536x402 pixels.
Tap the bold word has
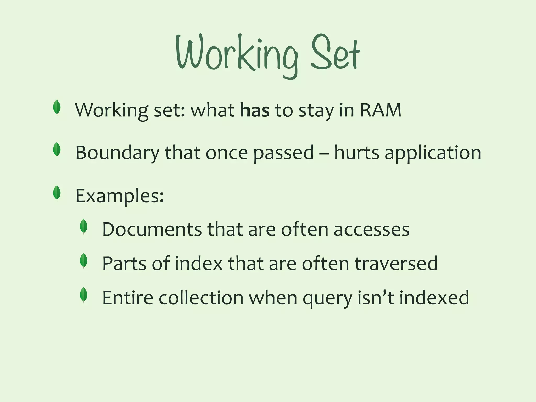(x=255, y=110)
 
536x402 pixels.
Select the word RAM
(x=381, y=110)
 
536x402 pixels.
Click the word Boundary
(x=117, y=153)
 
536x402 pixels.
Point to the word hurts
(x=356, y=153)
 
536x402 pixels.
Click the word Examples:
(x=120, y=196)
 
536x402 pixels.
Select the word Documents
(x=152, y=230)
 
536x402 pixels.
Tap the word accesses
(x=371, y=230)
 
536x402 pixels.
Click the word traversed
(x=396, y=264)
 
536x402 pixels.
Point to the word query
(x=327, y=298)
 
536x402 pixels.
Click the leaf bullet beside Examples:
(x=57, y=193)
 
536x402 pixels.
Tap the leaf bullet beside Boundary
(x=57, y=150)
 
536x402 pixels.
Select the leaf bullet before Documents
(x=84, y=227)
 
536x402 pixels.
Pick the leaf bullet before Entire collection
(x=84, y=295)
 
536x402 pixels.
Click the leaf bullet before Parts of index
(x=84, y=261)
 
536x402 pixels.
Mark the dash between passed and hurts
(x=324, y=153)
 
